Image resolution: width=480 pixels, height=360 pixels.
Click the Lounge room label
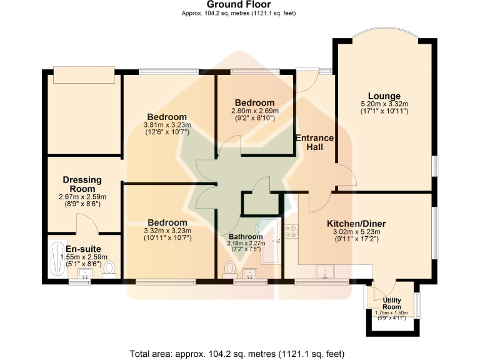click(x=384, y=96)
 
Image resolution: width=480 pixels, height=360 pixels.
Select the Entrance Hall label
click(x=314, y=142)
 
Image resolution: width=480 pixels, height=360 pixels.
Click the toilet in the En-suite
click(x=109, y=269)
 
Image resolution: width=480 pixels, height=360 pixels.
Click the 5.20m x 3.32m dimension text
click(x=384, y=104)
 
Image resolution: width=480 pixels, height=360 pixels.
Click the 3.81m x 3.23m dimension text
click(x=167, y=124)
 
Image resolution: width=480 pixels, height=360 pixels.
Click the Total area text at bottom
click(x=239, y=353)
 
